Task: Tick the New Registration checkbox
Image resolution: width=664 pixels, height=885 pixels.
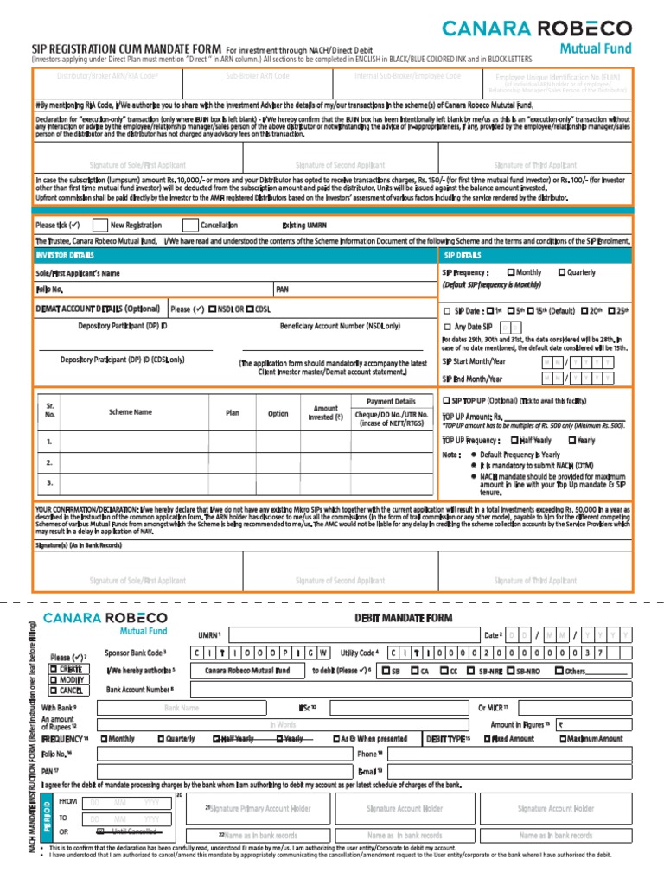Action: (99, 225)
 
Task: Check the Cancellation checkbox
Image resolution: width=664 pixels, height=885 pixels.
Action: (189, 225)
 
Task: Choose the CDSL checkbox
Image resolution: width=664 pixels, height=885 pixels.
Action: (250, 309)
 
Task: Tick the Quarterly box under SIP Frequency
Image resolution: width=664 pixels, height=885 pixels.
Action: (562, 272)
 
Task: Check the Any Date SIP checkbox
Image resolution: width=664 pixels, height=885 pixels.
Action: (446, 327)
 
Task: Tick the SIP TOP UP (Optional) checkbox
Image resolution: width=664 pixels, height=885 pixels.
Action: (446, 401)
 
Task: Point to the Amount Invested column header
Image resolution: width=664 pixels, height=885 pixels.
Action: (325, 413)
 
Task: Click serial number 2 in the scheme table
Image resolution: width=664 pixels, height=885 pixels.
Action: (49, 462)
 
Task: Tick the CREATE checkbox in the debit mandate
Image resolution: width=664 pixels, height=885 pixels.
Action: (54, 670)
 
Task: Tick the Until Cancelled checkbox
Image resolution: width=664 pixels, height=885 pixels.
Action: (100, 831)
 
